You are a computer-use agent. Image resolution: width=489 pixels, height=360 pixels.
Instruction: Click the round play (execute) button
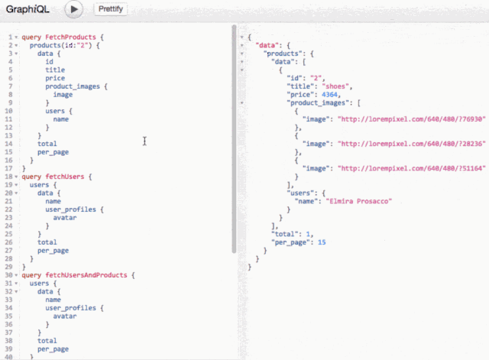pos(74,9)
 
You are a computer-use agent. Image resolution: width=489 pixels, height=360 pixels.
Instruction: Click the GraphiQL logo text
pos(28,9)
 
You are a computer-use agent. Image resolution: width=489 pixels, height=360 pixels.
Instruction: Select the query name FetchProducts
pos(70,37)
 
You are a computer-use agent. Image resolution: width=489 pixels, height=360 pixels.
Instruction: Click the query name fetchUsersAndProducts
pos(86,275)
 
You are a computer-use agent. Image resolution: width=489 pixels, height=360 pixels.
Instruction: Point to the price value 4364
pos(329,95)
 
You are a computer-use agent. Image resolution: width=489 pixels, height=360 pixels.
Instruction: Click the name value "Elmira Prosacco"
pos(358,201)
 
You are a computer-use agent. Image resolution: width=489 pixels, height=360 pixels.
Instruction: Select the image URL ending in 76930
pos(412,119)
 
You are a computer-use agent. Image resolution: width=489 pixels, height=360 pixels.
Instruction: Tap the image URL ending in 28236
pos(412,144)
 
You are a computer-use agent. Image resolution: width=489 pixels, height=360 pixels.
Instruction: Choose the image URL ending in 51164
pos(412,168)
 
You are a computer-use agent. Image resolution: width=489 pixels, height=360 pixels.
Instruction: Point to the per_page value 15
pos(322,242)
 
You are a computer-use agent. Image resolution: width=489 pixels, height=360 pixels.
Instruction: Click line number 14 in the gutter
pos(8,144)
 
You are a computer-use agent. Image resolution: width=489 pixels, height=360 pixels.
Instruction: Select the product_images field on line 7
pos(73,86)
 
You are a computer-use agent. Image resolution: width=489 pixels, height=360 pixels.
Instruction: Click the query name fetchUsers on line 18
pos(65,177)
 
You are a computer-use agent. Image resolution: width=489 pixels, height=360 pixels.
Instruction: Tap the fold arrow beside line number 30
pos(16,275)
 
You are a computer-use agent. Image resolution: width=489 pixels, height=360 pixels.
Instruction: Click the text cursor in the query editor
pos(144,141)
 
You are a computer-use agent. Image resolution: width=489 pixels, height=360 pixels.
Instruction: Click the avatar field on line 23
pos(65,218)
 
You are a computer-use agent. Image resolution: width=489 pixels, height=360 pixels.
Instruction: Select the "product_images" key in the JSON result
pos(320,103)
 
